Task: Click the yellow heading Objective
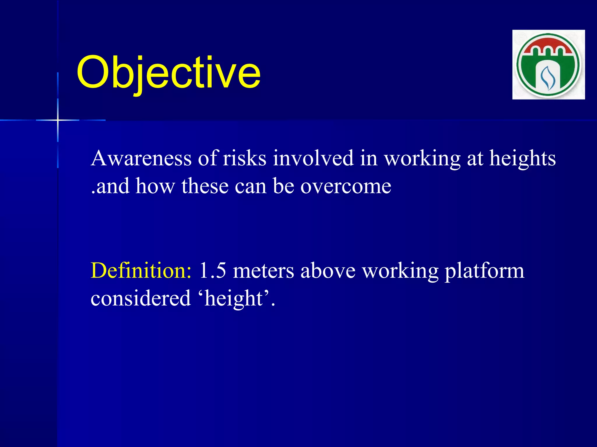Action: [168, 73]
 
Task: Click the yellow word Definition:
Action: [141, 271]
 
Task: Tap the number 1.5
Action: [212, 271]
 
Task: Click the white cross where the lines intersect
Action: [58, 120]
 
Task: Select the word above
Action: [328, 271]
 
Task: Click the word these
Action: [205, 186]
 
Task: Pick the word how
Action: [155, 186]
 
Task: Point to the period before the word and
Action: [93, 192]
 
